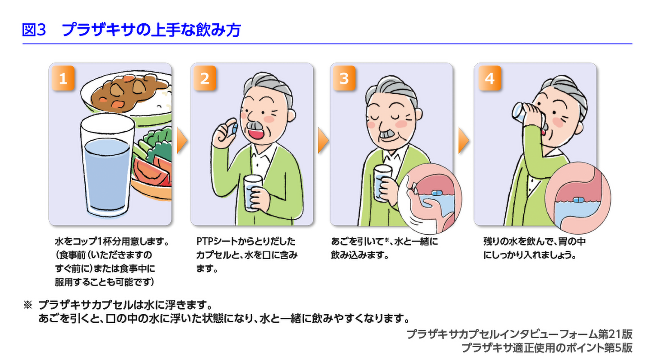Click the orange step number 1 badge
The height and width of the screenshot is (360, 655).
click(x=63, y=78)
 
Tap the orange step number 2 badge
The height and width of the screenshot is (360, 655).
click(x=205, y=78)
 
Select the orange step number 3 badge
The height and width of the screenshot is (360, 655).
click(x=344, y=78)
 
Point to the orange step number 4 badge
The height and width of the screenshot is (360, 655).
click(x=490, y=78)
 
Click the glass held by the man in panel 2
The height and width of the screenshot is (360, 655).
click(x=252, y=193)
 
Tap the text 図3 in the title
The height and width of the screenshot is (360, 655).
click(x=34, y=30)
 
